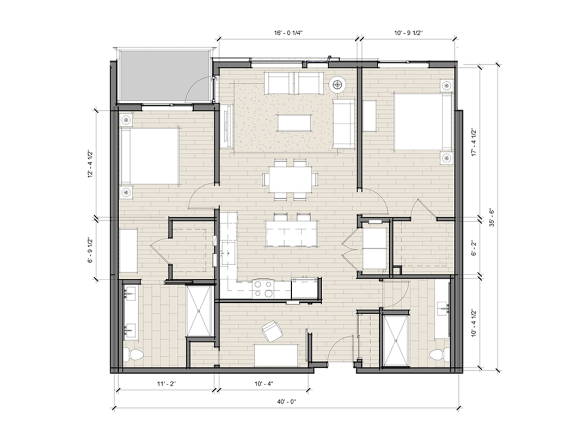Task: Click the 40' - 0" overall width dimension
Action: [286, 402]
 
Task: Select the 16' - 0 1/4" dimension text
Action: [288, 33]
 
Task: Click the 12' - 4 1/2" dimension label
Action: [89, 164]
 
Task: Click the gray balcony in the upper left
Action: [163, 76]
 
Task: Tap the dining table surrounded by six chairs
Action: [291, 180]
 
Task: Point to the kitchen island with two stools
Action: [292, 233]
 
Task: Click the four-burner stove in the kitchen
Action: [263, 289]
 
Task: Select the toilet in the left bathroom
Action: [133, 355]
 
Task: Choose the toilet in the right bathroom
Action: [439, 355]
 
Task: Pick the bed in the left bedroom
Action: [149, 156]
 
